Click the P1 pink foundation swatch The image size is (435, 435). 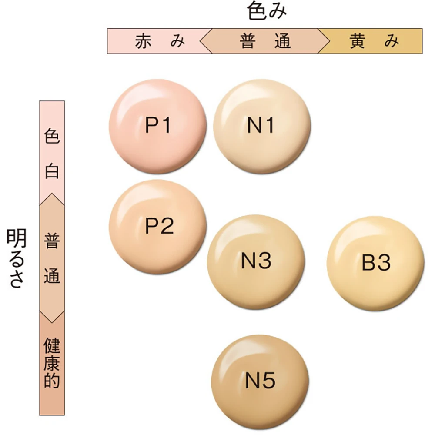tap(157, 126)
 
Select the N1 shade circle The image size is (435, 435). tap(262, 126)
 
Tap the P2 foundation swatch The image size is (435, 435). tap(157, 226)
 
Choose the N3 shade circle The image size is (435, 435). tap(256, 261)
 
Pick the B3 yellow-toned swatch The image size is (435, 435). tap(375, 263)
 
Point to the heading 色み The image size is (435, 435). tap(267, 12)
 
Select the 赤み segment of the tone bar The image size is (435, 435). tap(157, 41)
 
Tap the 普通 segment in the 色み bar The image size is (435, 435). tap(264, 41)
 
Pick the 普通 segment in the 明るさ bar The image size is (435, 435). tap(52, 259)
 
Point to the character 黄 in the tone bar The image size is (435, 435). tap(358, 41)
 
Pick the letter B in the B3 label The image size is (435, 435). tap(368, 263)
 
